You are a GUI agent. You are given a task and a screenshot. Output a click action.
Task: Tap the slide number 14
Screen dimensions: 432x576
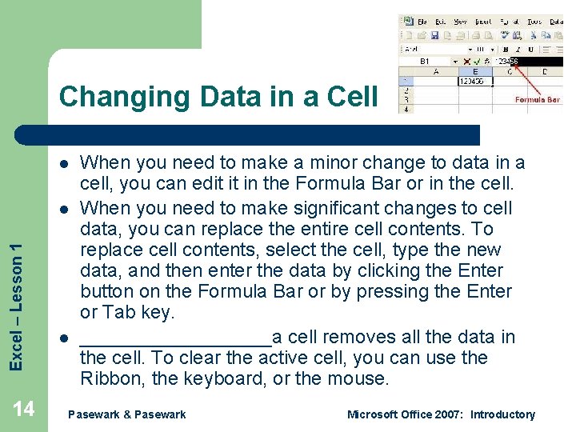click(24, 410)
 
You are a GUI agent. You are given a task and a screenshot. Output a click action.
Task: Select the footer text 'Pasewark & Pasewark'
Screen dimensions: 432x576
click(127, 414)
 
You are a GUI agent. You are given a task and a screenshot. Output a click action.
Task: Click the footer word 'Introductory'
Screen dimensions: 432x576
click(502, 414)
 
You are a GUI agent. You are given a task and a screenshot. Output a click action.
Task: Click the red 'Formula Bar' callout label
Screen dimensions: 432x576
click(537, 100)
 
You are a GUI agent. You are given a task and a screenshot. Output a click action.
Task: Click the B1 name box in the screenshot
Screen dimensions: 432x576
click(425, 61)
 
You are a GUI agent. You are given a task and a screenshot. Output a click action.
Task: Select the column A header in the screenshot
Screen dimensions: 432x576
click(436, 71)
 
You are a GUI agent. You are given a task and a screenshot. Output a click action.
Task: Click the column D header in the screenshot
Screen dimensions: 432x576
click(545, 71)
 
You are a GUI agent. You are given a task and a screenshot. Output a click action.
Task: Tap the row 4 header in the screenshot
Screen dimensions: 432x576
click(406, 109)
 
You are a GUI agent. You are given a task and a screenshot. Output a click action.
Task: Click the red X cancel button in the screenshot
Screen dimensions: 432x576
click(467, 61)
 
